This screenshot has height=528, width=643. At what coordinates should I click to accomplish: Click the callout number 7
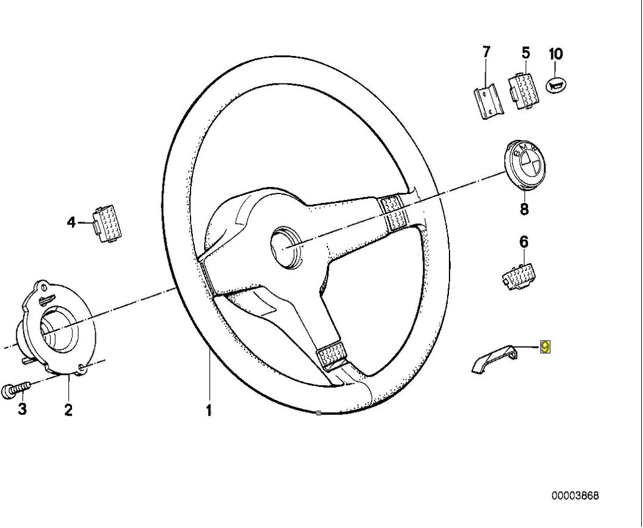(x=486, y=52)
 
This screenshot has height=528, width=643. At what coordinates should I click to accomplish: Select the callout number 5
(x=525, y=53)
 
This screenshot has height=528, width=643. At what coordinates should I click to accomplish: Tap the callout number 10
(x=555, y=54)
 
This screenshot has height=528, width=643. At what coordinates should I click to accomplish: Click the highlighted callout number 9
(x=544, y=347)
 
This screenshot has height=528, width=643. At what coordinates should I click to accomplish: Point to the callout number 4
(x=71, y=223)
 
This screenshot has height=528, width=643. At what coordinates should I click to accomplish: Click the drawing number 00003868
(x=575, y=495)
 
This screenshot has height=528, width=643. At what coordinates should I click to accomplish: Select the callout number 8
(x=523, y=209)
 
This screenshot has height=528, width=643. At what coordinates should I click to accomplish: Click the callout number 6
(x=523, y=242)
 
